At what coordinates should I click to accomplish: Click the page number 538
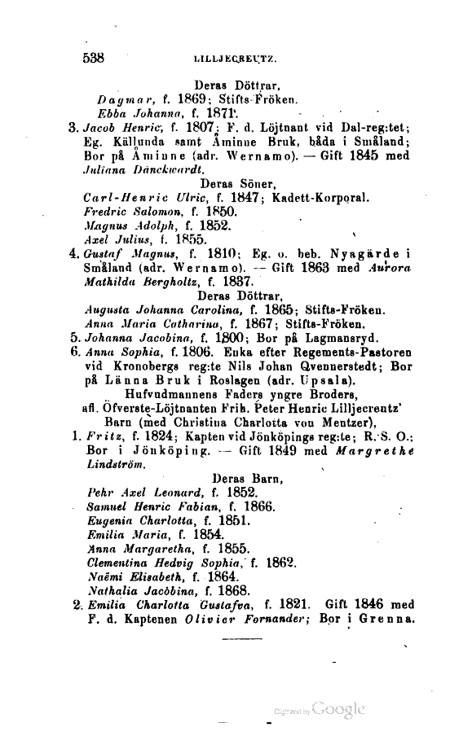click(x=95, y=57)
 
